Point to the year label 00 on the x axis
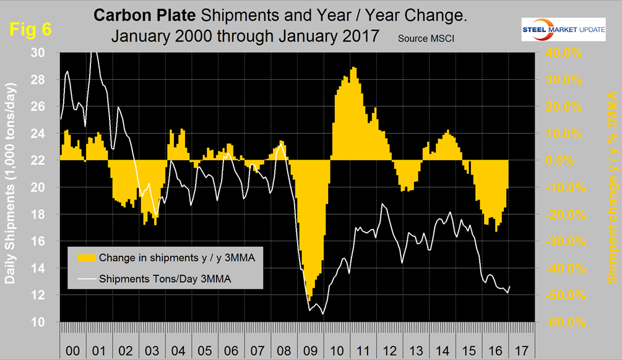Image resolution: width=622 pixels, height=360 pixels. pyautogui.click(x=72, y=351)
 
